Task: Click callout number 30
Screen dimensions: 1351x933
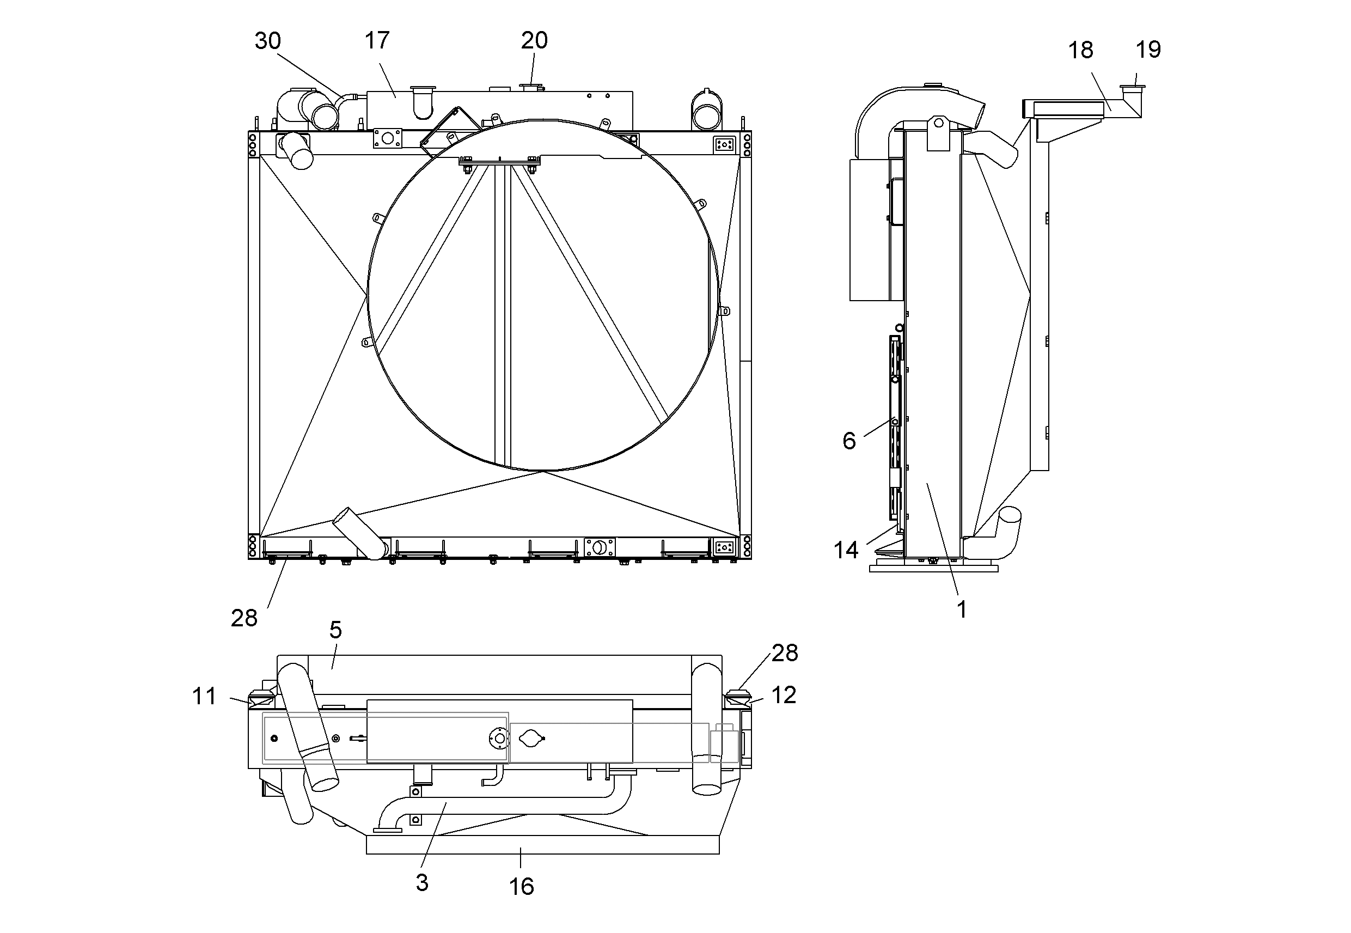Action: point(267,41)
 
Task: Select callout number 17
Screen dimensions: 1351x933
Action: point(377,40)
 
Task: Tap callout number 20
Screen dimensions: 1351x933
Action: point(534,40)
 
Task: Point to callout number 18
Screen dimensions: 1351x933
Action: point(1080,50)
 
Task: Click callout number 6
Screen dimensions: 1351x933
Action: point(849,441)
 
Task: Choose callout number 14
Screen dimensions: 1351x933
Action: point(846,550)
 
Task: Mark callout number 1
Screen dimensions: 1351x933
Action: point(961,609)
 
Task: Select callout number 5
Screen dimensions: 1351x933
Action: point(335,630)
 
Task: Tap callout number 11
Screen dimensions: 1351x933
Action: point(204,696)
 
